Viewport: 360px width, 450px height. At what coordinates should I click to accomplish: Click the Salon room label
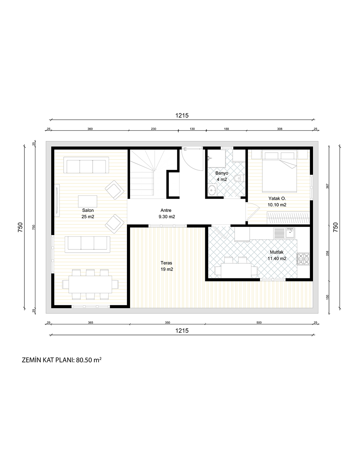[88, 210]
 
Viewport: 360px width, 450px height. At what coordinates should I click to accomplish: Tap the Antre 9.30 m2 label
[167, 213]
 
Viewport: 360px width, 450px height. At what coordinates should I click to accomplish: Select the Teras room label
[166, 263]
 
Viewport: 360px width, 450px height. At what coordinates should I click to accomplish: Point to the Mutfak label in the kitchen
[277, 252]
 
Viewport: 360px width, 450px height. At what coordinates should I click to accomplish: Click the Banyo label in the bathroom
[222, 173]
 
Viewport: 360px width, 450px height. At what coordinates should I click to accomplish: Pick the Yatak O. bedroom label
[277, 198]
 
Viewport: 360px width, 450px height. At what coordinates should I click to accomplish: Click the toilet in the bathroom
[239, 178]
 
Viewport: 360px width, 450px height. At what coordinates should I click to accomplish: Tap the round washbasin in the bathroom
[212, 190]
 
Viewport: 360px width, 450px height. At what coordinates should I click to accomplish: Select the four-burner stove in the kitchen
[304, 259]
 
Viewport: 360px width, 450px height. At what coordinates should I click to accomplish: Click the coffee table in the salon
[87, 201]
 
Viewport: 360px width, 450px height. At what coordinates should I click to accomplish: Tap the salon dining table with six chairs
[90, 284]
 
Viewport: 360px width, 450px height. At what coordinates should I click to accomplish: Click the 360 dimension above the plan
[90, 129]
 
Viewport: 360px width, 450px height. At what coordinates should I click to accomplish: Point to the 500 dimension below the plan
[259, 322]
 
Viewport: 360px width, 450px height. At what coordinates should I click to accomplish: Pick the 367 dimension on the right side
[327, 186]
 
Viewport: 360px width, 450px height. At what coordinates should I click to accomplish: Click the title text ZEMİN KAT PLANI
[48, 360]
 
